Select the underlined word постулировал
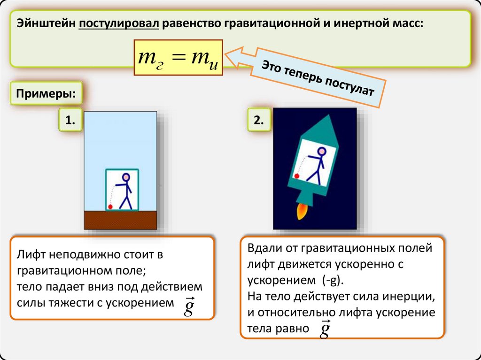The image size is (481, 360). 120,23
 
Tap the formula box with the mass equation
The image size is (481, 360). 178,58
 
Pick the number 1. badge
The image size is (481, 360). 70,121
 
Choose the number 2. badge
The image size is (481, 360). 259,121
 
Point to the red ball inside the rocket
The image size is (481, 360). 296,176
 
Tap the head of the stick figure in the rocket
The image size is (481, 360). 321,151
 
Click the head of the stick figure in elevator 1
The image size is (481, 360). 125,177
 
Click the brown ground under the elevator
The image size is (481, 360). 120,220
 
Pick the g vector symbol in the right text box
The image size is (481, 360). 324,329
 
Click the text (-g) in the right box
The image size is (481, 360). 332,280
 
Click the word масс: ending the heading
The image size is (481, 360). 405,23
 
